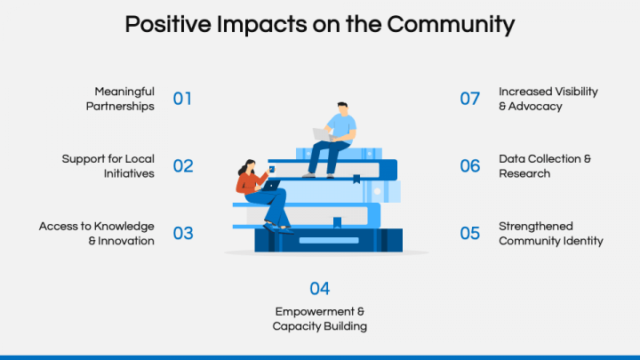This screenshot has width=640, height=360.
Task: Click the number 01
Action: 182,99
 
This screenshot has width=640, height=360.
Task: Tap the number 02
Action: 182,166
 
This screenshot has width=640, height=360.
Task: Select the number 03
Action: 182,234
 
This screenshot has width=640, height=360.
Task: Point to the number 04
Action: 320,289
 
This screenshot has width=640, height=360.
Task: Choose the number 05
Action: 470,234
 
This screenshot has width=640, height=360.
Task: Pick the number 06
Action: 470,166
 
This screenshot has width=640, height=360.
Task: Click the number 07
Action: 470,99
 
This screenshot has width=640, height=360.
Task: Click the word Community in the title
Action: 451,24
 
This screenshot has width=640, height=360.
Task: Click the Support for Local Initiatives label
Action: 108,166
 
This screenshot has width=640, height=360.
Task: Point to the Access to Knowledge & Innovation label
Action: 97,234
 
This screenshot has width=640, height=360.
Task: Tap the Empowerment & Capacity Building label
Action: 320,319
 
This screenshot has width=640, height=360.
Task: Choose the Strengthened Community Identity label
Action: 550,234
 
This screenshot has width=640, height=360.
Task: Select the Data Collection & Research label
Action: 544,166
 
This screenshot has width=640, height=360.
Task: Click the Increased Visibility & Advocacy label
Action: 548,99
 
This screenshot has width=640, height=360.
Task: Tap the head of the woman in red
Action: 250,166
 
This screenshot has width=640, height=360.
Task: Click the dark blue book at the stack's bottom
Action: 329,240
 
